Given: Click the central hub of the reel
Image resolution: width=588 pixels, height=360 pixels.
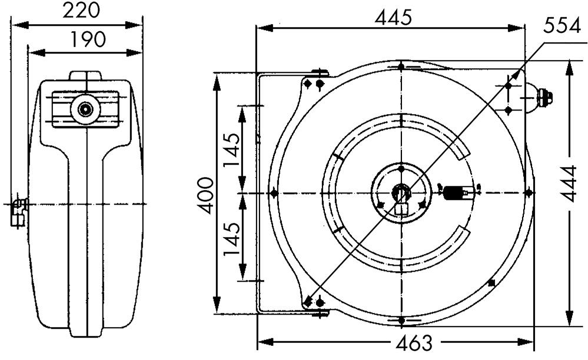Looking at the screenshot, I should tap(401, 193).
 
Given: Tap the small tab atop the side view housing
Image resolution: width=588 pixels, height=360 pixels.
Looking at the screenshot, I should tap(86, 76).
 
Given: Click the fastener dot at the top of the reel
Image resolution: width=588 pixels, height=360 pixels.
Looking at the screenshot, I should tap(401, 66).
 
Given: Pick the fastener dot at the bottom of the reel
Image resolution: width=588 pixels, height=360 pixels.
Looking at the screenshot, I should tap(401, 320).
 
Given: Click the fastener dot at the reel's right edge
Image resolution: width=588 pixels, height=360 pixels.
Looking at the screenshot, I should tap(528, 193).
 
